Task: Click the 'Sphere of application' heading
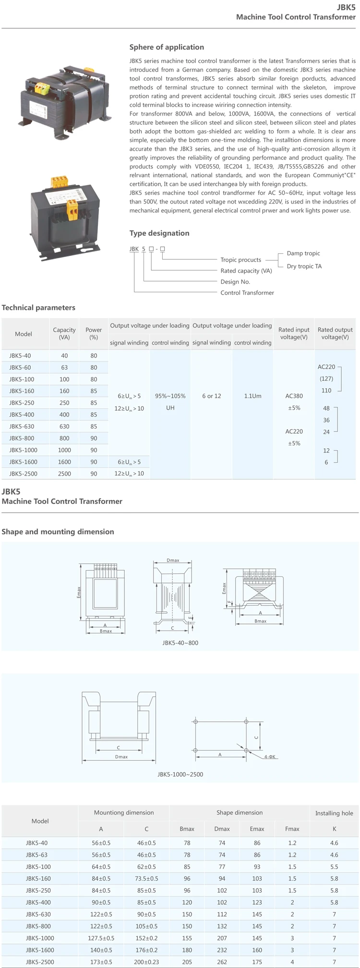coord(167,47)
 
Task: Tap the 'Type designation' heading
coord(159,233)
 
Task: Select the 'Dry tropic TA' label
coord(304,266)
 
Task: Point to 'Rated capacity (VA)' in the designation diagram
coord(246,271)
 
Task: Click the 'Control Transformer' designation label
coord(247,293)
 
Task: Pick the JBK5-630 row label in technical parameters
coord(22,426)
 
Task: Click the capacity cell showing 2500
coord(64,474)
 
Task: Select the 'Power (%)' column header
coord(94,333)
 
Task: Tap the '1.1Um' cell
coord(252,396)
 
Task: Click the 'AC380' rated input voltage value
coord(294,396)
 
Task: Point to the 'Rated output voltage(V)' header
coord(335,333)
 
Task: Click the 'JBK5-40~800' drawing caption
coord(180,643)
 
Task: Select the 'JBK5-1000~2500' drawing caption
coord(180,774)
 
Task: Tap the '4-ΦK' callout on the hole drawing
coord(270,757)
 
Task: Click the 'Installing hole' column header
coord(334,813)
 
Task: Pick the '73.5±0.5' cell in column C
coord(146,878)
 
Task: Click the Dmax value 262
coord(222,962)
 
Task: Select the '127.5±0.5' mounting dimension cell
coord(101,938)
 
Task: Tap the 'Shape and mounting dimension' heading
coord(58,532)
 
